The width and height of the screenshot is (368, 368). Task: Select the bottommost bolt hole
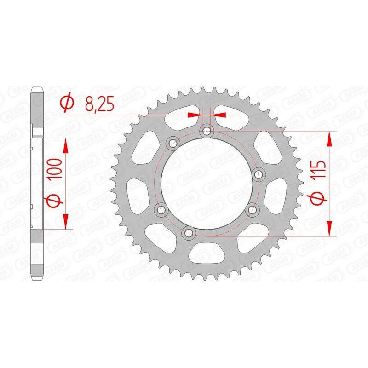[188, 233]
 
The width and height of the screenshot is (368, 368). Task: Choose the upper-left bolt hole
[173, 143]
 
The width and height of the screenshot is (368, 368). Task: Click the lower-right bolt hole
[251, 210]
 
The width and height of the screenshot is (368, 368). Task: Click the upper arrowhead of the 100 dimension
[66, 146]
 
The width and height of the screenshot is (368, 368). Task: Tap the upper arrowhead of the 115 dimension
[330, 140]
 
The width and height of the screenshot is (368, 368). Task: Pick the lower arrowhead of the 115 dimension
[330, 228]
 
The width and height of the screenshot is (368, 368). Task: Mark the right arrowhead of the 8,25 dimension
[218, 113]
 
